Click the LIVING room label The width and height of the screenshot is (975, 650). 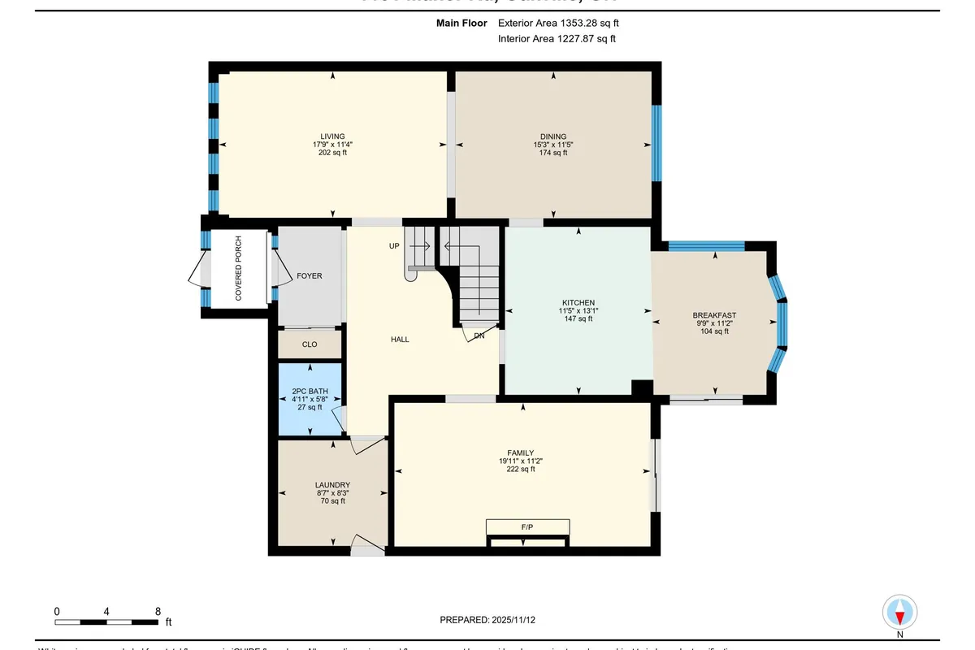click(332, 136)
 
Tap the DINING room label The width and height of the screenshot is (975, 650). click(553, 136)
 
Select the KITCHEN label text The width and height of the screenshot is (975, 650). click(578, 302)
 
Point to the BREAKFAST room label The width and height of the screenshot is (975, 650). click(714, 315)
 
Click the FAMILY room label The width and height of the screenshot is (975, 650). click(521, 453)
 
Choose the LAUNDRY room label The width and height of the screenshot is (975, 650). click(332, 485)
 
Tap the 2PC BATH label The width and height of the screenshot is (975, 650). click(309, 391)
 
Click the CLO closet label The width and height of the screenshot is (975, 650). click(310, 344)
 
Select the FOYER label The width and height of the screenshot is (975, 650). click(310, 276)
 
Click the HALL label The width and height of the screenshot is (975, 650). click(400, 340)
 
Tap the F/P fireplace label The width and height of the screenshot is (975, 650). click(527, 527)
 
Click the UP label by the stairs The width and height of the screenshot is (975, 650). click(394, 245)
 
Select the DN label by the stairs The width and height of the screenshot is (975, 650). click(479, 335)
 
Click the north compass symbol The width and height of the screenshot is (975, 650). click(899, 612)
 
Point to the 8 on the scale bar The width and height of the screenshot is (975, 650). click(158, 611)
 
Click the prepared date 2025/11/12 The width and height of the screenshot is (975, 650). click(513, 620)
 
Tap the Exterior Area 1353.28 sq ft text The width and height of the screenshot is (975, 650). click(563, 24)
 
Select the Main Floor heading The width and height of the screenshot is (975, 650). click(461, 24)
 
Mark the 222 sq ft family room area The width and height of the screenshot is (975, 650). click(521, 470)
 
